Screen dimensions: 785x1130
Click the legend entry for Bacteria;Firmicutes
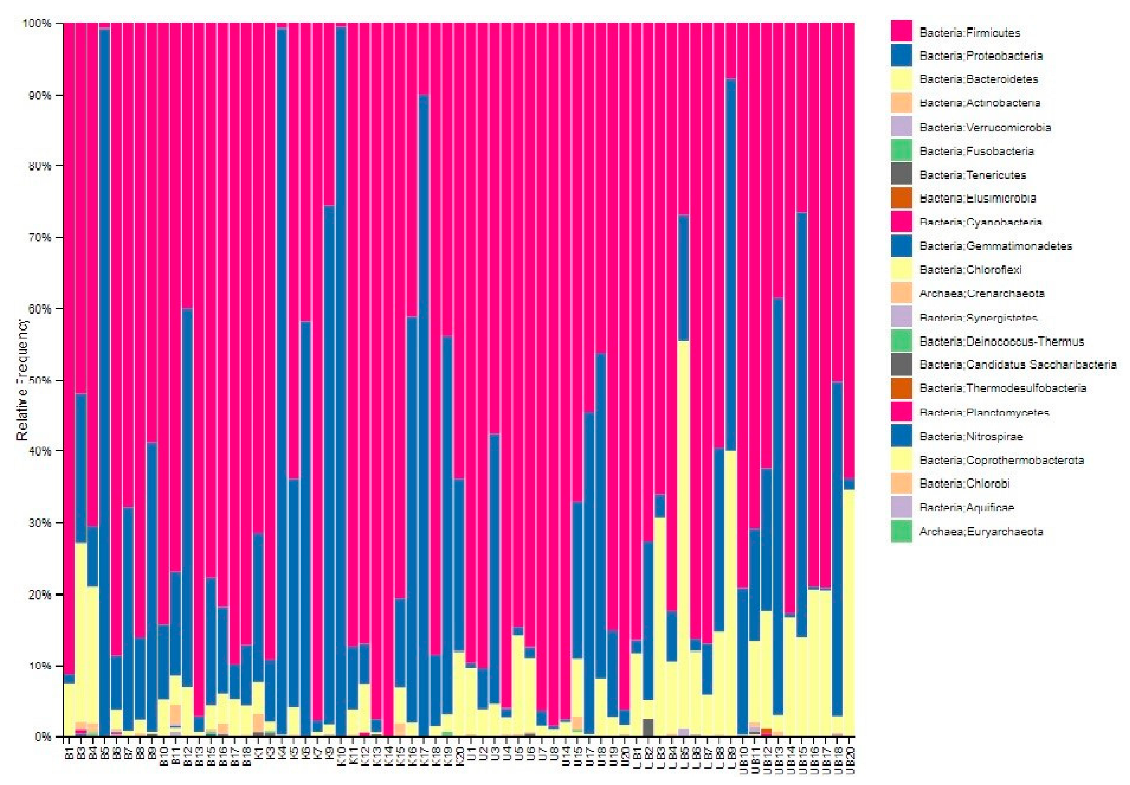969,33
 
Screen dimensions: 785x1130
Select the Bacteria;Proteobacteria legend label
980,56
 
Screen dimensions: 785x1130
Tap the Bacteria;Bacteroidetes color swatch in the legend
901,79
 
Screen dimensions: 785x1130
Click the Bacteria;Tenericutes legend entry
972,175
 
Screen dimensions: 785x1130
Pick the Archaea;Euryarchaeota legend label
980,532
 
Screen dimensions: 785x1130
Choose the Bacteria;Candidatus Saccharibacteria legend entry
1017,365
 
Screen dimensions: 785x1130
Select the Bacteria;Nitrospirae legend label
971,437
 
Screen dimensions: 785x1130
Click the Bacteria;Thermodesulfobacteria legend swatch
901,388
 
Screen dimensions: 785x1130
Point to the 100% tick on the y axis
37,23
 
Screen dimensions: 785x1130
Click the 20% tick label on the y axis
39,595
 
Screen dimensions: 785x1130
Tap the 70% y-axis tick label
39,237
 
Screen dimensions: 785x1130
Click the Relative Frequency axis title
23,380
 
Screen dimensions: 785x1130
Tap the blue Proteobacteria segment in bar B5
104,344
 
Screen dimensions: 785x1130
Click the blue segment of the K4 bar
282,344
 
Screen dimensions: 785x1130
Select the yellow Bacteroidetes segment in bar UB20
849,615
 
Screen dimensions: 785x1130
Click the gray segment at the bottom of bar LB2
648,727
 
